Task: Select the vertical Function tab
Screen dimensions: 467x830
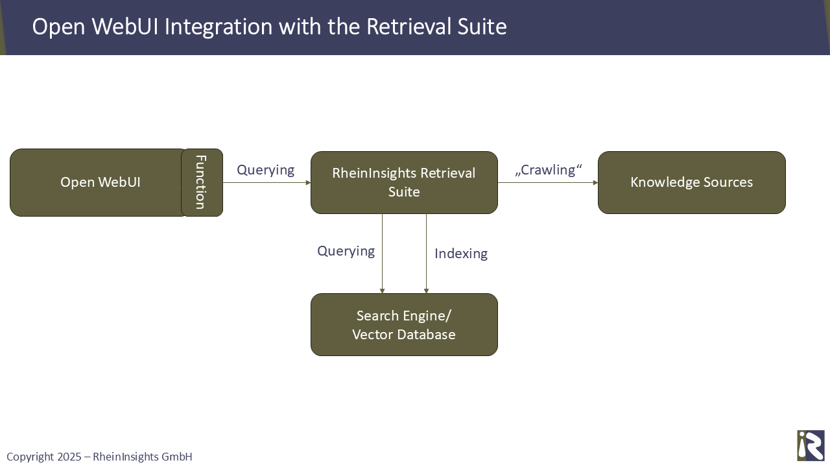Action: [x=202, y=182]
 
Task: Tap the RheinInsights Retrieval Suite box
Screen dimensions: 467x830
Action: [x=404, y=182]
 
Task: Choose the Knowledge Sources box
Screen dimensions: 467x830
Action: [x=691, y=182]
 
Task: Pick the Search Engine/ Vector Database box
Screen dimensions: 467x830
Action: [x=404, y=324]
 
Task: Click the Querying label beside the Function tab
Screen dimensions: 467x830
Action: [x=265, y=170]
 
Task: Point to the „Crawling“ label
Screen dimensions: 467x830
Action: [x=549, y=170]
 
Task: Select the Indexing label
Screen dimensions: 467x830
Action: [x=460, y=254]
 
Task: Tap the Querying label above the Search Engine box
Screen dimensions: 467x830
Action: [x=346, y=251]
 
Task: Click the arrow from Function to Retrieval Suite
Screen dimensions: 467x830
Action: [x=267, y=183]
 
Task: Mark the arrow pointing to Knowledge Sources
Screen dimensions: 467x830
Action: [x=548, y=183]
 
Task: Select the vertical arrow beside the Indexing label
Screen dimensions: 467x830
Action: [x=426, y=254]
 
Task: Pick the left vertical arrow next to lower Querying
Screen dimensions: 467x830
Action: [x=383, y=254]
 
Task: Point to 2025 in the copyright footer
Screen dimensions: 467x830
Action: [x=69, y=457]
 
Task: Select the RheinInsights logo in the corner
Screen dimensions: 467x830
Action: [x=811, y=446]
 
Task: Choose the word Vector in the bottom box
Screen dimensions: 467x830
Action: [x=372, y=335]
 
